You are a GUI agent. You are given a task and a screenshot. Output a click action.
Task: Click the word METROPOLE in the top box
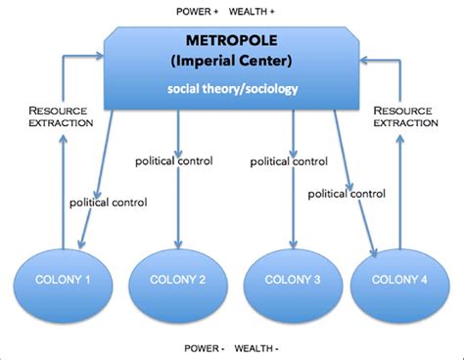pyautogui.click(x=232, y=41)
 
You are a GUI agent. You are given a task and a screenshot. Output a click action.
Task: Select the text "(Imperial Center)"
pyautogui.click(x=232, y=60)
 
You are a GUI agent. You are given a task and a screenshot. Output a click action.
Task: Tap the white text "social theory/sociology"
pyautogui.click(x=232, y=90)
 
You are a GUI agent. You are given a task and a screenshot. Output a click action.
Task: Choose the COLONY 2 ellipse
pyautogui.click(x=177, y=281)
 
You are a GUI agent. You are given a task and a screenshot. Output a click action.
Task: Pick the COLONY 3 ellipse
pyautogui.click(x=291, y=281)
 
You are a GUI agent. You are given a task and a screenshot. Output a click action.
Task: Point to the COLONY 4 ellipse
pyautogui.click(x=398, y=281)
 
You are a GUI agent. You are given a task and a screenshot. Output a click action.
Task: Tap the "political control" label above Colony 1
pyautogui.click(x=108, y=202)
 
